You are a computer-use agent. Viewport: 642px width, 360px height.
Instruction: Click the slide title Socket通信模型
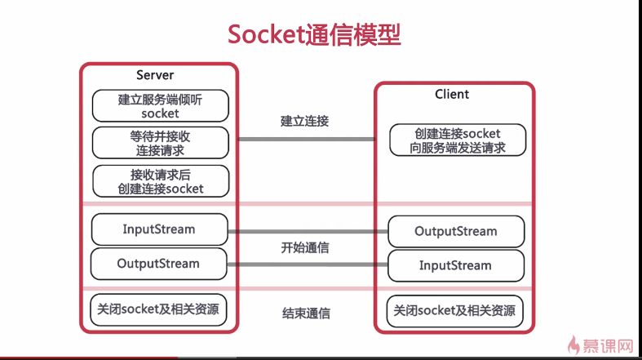coord(314,35)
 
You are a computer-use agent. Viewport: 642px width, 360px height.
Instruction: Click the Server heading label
coord(155,75)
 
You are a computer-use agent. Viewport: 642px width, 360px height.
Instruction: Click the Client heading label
coord(452,94)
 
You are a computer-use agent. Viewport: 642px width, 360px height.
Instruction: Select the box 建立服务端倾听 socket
coord(160,106)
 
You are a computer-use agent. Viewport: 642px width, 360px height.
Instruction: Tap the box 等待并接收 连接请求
coord(160,142)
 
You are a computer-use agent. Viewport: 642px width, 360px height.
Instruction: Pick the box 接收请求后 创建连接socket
coord(160,180)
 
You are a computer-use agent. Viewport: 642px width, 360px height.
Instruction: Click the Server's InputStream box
coord(160,229)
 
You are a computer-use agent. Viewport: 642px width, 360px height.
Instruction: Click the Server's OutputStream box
coord(160,264)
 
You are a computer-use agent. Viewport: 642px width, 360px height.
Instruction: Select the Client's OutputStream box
coord(455,231)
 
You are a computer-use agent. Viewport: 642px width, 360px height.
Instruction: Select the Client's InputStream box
coord(455,265)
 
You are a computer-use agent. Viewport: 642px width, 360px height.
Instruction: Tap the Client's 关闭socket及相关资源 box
coord(455,311)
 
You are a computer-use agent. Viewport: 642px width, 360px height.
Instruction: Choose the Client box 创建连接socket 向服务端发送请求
coord(458,140)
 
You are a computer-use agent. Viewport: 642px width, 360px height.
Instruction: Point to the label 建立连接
coord(304,121)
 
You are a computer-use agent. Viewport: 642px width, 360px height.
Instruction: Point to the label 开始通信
coord(304,247)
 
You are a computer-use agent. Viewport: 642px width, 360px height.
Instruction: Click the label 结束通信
coord(306,313)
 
